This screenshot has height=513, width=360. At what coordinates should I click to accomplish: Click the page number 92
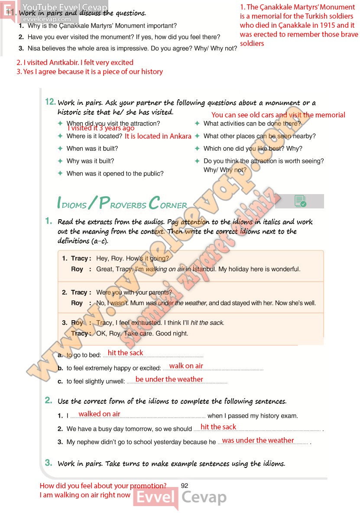pyautogui.click(x=184, y=486)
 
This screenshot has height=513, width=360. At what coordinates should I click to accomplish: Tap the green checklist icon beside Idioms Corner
pyautogui.click(x=300, y=201)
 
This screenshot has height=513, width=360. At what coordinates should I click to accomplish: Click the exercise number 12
pyautogui.click(x=50, y=102)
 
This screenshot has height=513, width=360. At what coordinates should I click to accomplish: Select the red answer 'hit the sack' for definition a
pyautogui.click(x=125, y=353)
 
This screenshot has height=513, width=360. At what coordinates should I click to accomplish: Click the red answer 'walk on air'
pyautogui.click(x=186, y=366)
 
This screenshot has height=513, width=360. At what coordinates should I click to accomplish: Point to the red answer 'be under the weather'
pyautogui.click(x=169, y=379)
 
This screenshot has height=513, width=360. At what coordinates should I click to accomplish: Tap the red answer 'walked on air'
pyautogui.click(x=99, y=414)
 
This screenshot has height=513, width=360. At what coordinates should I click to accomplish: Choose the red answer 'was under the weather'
pyautogui.click(x=258, y=440)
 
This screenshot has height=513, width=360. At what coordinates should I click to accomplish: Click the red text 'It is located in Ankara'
pyautogui.click(x=158, y=136)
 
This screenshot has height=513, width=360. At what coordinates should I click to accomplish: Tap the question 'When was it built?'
pyautogui.click(x=92, y=149)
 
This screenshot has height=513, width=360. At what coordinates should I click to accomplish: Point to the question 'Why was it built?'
pyautogui.click(x=90, y=161)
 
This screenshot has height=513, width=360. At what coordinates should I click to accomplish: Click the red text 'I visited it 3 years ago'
pyautogui.click(x=101, y=128)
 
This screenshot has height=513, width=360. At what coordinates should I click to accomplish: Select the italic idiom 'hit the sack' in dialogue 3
pyautogui.click(x=207, y=323)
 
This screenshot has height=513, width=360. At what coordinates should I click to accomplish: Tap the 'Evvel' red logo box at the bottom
pyautogui.click(x=156, y=498)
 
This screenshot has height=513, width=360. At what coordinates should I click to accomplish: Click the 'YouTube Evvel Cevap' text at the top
pyautogui.click(x=65, y=8)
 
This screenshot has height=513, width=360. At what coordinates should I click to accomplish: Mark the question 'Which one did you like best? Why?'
pyautogui.click(x=253, y=149)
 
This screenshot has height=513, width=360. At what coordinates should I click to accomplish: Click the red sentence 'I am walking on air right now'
pyautogui.click(x=85, y=495)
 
